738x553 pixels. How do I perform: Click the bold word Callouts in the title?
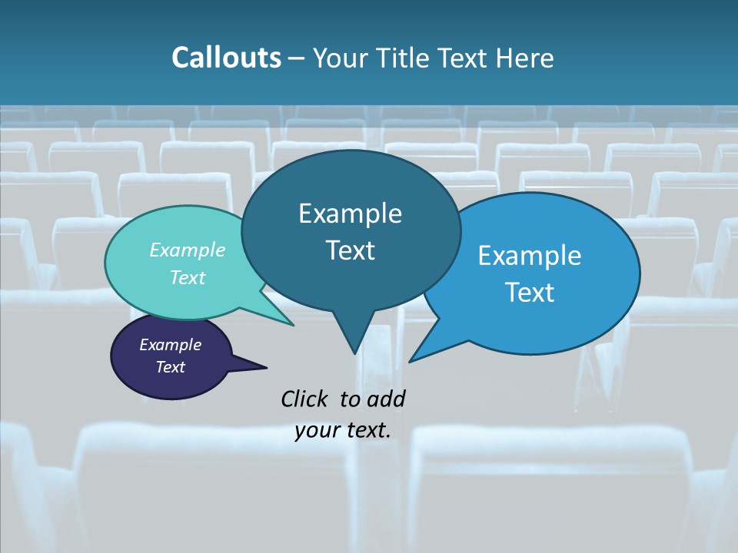tap(226, 58)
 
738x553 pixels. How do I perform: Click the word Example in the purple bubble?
tap(170, 345)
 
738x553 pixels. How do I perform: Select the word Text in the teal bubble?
tap(188, 278)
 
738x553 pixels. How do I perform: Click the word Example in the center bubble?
tap(350, 214)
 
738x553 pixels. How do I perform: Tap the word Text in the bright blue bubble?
tap(530, 293)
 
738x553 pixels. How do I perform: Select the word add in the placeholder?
tap(386, 399)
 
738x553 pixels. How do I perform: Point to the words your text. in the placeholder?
tap(343, 430)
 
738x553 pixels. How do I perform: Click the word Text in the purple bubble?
tap(171, 367)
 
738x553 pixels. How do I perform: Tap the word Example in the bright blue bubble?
tap(530, 256)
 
